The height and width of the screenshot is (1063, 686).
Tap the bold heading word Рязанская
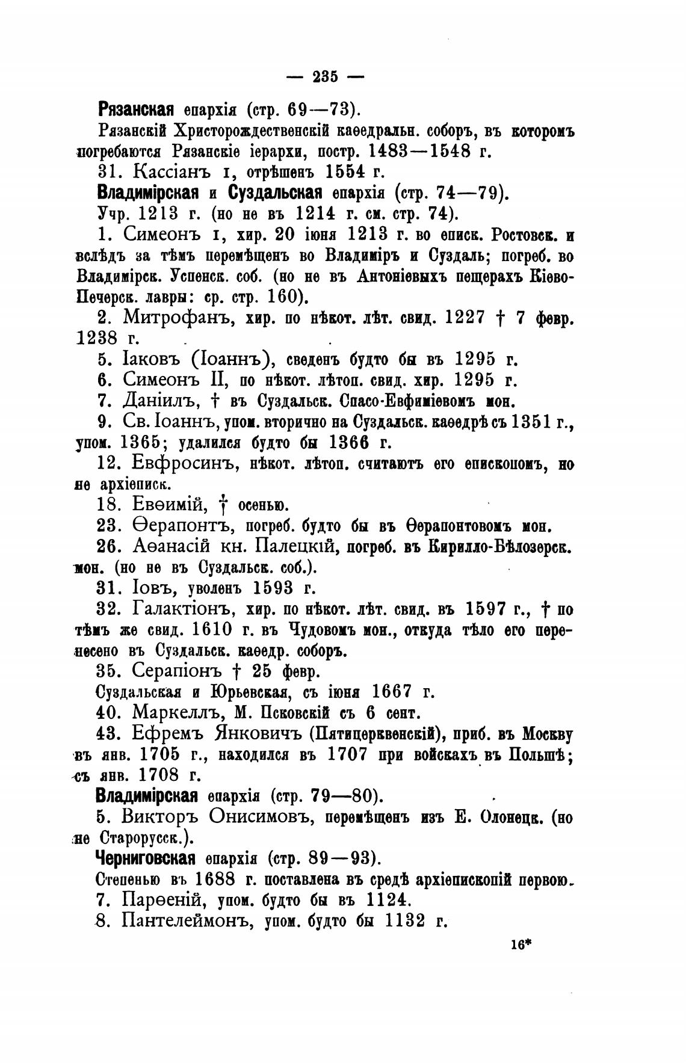click(x=135, y=110)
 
